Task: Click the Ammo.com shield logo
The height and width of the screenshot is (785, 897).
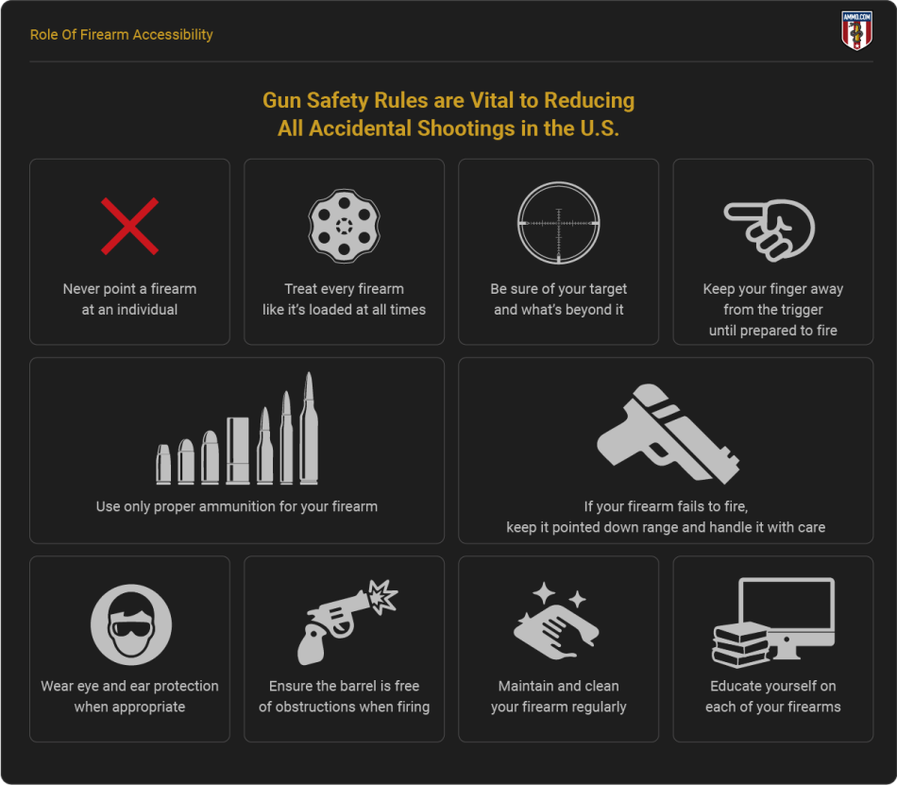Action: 856,30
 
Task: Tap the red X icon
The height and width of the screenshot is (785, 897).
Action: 130,226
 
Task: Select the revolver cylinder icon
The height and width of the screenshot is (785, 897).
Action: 344,226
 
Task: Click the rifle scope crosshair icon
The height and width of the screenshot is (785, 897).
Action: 558,223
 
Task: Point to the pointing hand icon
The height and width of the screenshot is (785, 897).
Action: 770,230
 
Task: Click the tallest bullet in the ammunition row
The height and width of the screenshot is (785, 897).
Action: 309,428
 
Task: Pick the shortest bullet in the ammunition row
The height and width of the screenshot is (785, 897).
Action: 163,465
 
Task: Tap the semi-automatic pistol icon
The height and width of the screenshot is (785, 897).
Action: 667,434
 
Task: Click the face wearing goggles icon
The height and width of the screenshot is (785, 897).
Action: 131,624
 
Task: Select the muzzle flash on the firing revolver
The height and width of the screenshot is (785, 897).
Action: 382,596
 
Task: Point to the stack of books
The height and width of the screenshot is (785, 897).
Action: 741,645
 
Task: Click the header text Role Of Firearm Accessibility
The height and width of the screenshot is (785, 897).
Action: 121,35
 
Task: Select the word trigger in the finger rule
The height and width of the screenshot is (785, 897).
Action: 801,310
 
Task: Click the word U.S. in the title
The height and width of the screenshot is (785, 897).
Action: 601,128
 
